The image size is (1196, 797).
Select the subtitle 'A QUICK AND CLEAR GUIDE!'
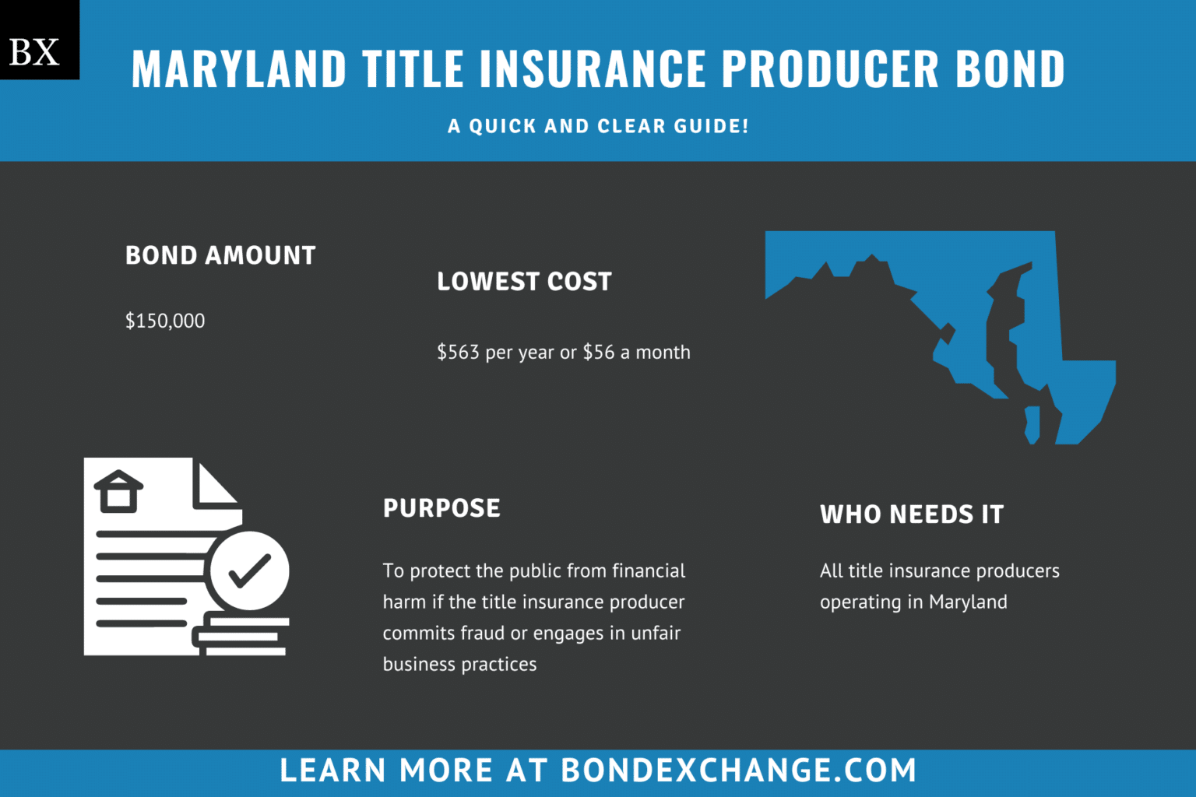coord(598,126)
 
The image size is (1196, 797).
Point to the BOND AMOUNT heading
coord(220,255)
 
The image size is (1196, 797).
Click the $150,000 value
coord(165,321)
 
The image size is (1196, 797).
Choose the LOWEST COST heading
coord(524,281)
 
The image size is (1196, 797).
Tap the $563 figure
coord(458,353)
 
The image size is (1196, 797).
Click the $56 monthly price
coord(599,353)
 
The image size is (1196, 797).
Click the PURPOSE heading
coord(441,508)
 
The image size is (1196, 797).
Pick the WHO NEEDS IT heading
coord(912,514)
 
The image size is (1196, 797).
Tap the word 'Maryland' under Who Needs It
coord(968,602)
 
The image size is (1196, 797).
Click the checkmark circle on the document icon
coord(249,571)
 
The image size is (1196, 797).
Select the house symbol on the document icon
coord(118,491)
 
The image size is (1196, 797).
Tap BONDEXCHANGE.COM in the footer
coord(738,771)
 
